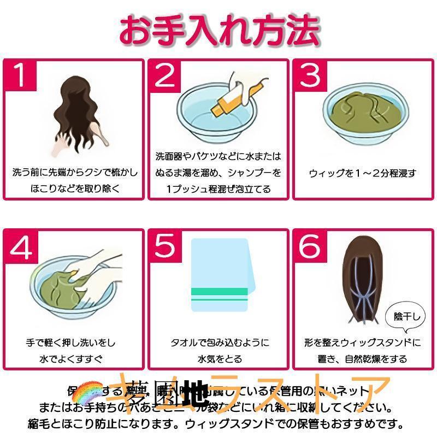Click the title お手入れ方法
[218, 30]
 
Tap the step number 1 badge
[20, 75]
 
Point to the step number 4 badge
[21, 247]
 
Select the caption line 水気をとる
[219, 359]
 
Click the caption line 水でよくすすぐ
[73, 359]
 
